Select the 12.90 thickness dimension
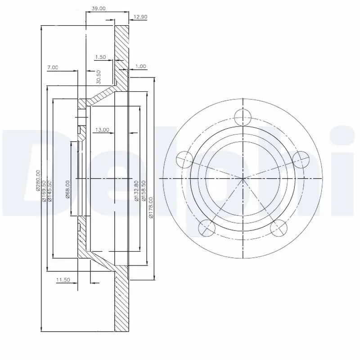pyautogui.click(x=141, y=18)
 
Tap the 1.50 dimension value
pyautogui.click(x=101, y=57)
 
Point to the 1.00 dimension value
pyautogui.click(x=140, y=66)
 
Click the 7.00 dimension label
pyautogui.click(x=52, y=67)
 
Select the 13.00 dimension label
pyautogui.click(x=102, y=130)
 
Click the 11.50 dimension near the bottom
pyautogui.click(x=63, y=280)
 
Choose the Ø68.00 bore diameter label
pyautogui.click(x=67, y=189)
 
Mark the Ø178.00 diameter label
pyautogui.click(x=151, y=207)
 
